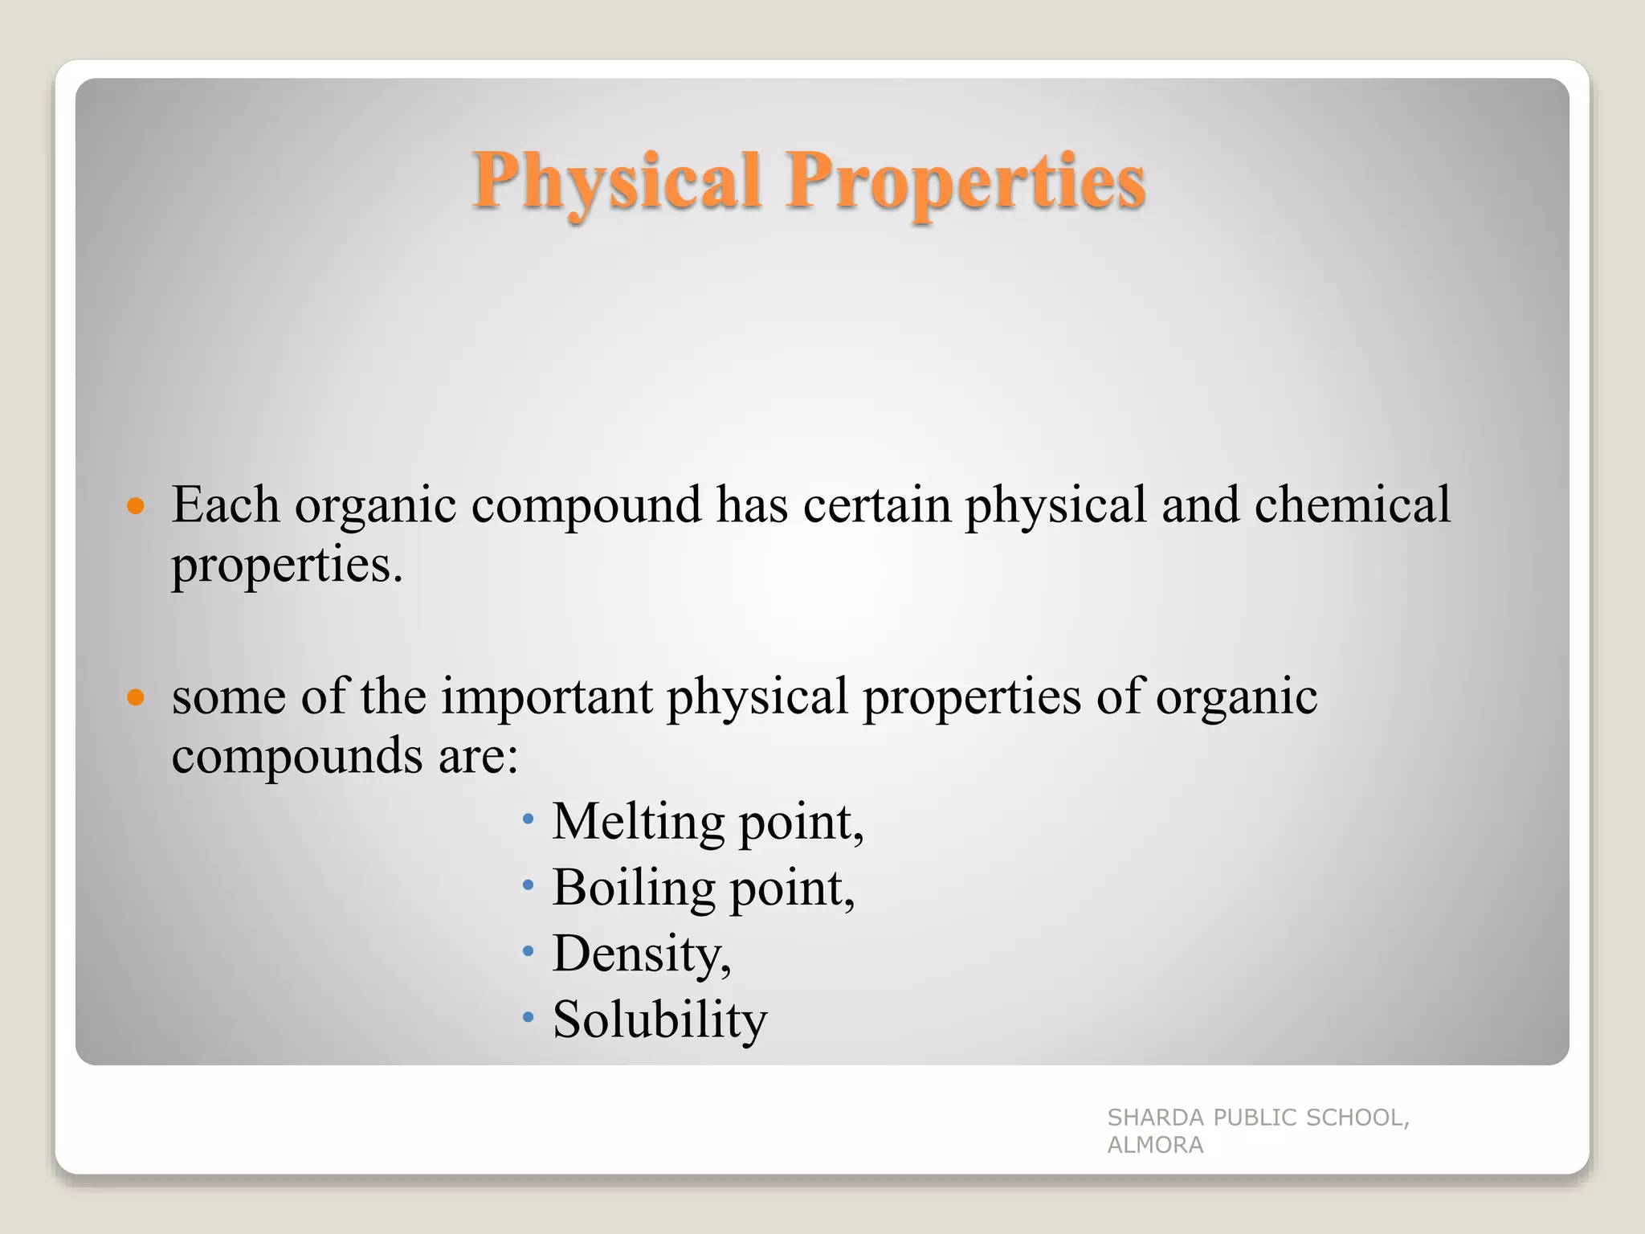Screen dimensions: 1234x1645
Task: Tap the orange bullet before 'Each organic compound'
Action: (x=136, y=506)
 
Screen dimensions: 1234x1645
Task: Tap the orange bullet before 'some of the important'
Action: (x=136, y=697)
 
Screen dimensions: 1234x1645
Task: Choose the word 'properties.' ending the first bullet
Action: (x=287, y=566)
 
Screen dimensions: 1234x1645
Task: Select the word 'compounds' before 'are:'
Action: (x=297, y=756)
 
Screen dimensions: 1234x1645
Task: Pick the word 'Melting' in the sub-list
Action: (x=638, y=822)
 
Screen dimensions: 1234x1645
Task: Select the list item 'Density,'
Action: (x=642, y=954)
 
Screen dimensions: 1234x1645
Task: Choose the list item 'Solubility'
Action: (x=659, y=1019)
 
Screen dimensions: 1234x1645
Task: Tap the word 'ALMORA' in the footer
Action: (x=1155, y=1145)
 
